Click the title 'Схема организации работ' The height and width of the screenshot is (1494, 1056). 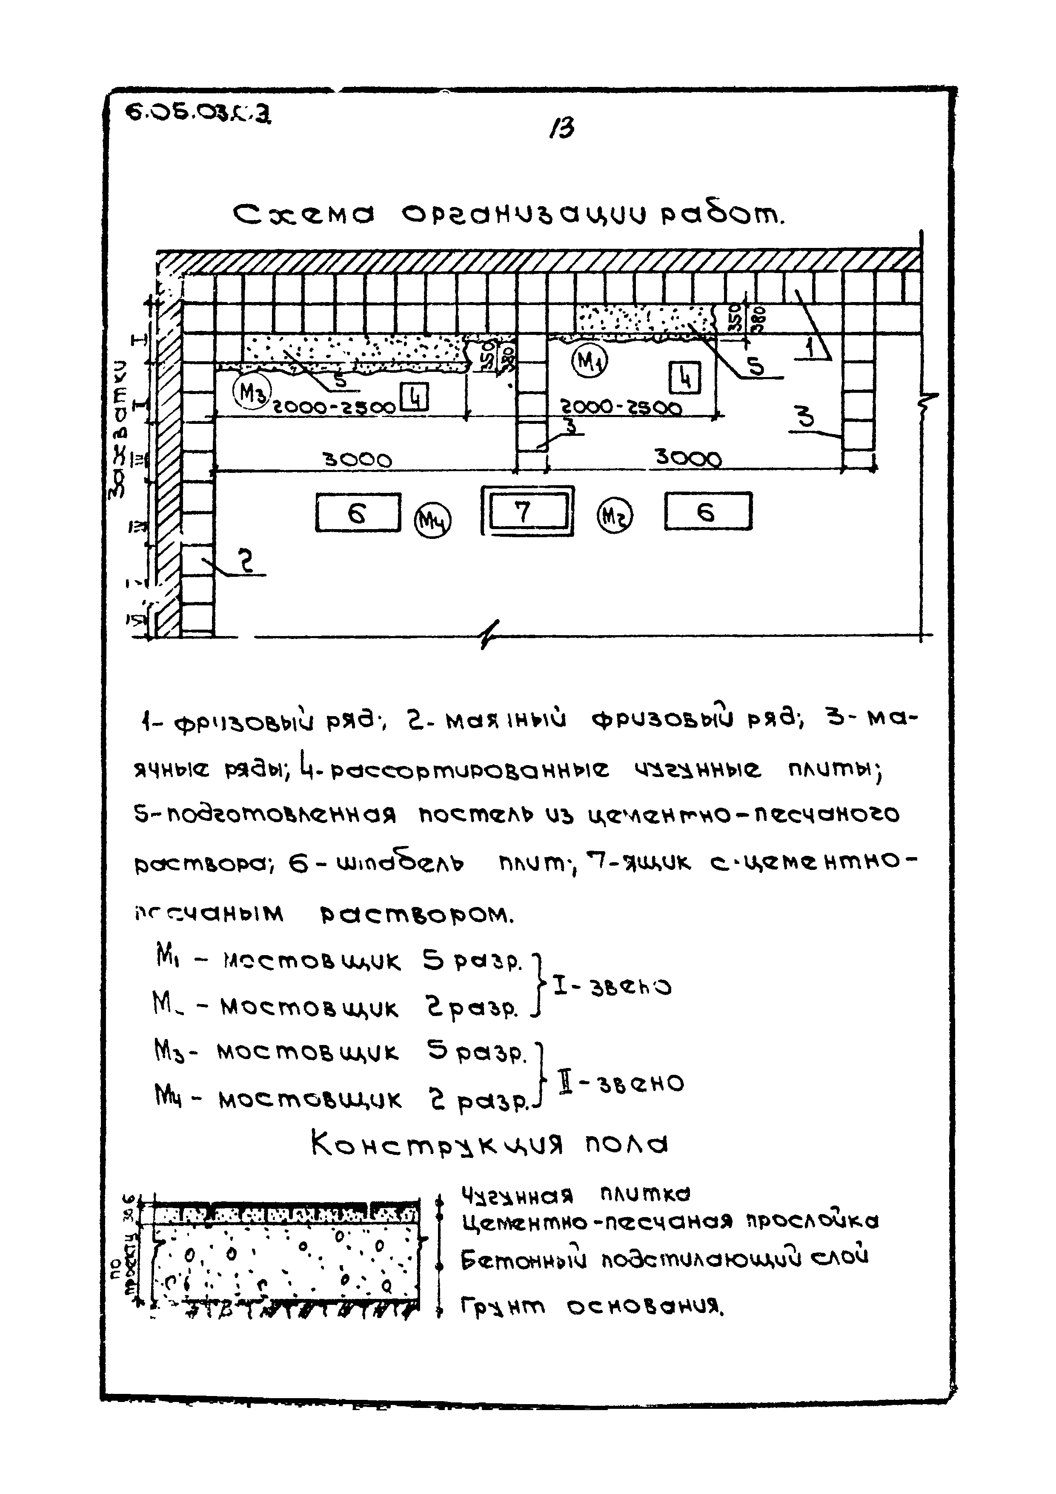pyautogui.click(x=509, y=215)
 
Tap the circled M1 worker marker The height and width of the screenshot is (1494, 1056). pyautogui.click(x=589, y=361)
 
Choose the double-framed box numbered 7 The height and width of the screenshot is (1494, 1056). pyautogui.click(x=527, y=511)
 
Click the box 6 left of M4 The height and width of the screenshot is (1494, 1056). pyautogui.click(x=358, y=512)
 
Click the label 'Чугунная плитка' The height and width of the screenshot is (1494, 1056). pyautogui.click(x=575, y=1195)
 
